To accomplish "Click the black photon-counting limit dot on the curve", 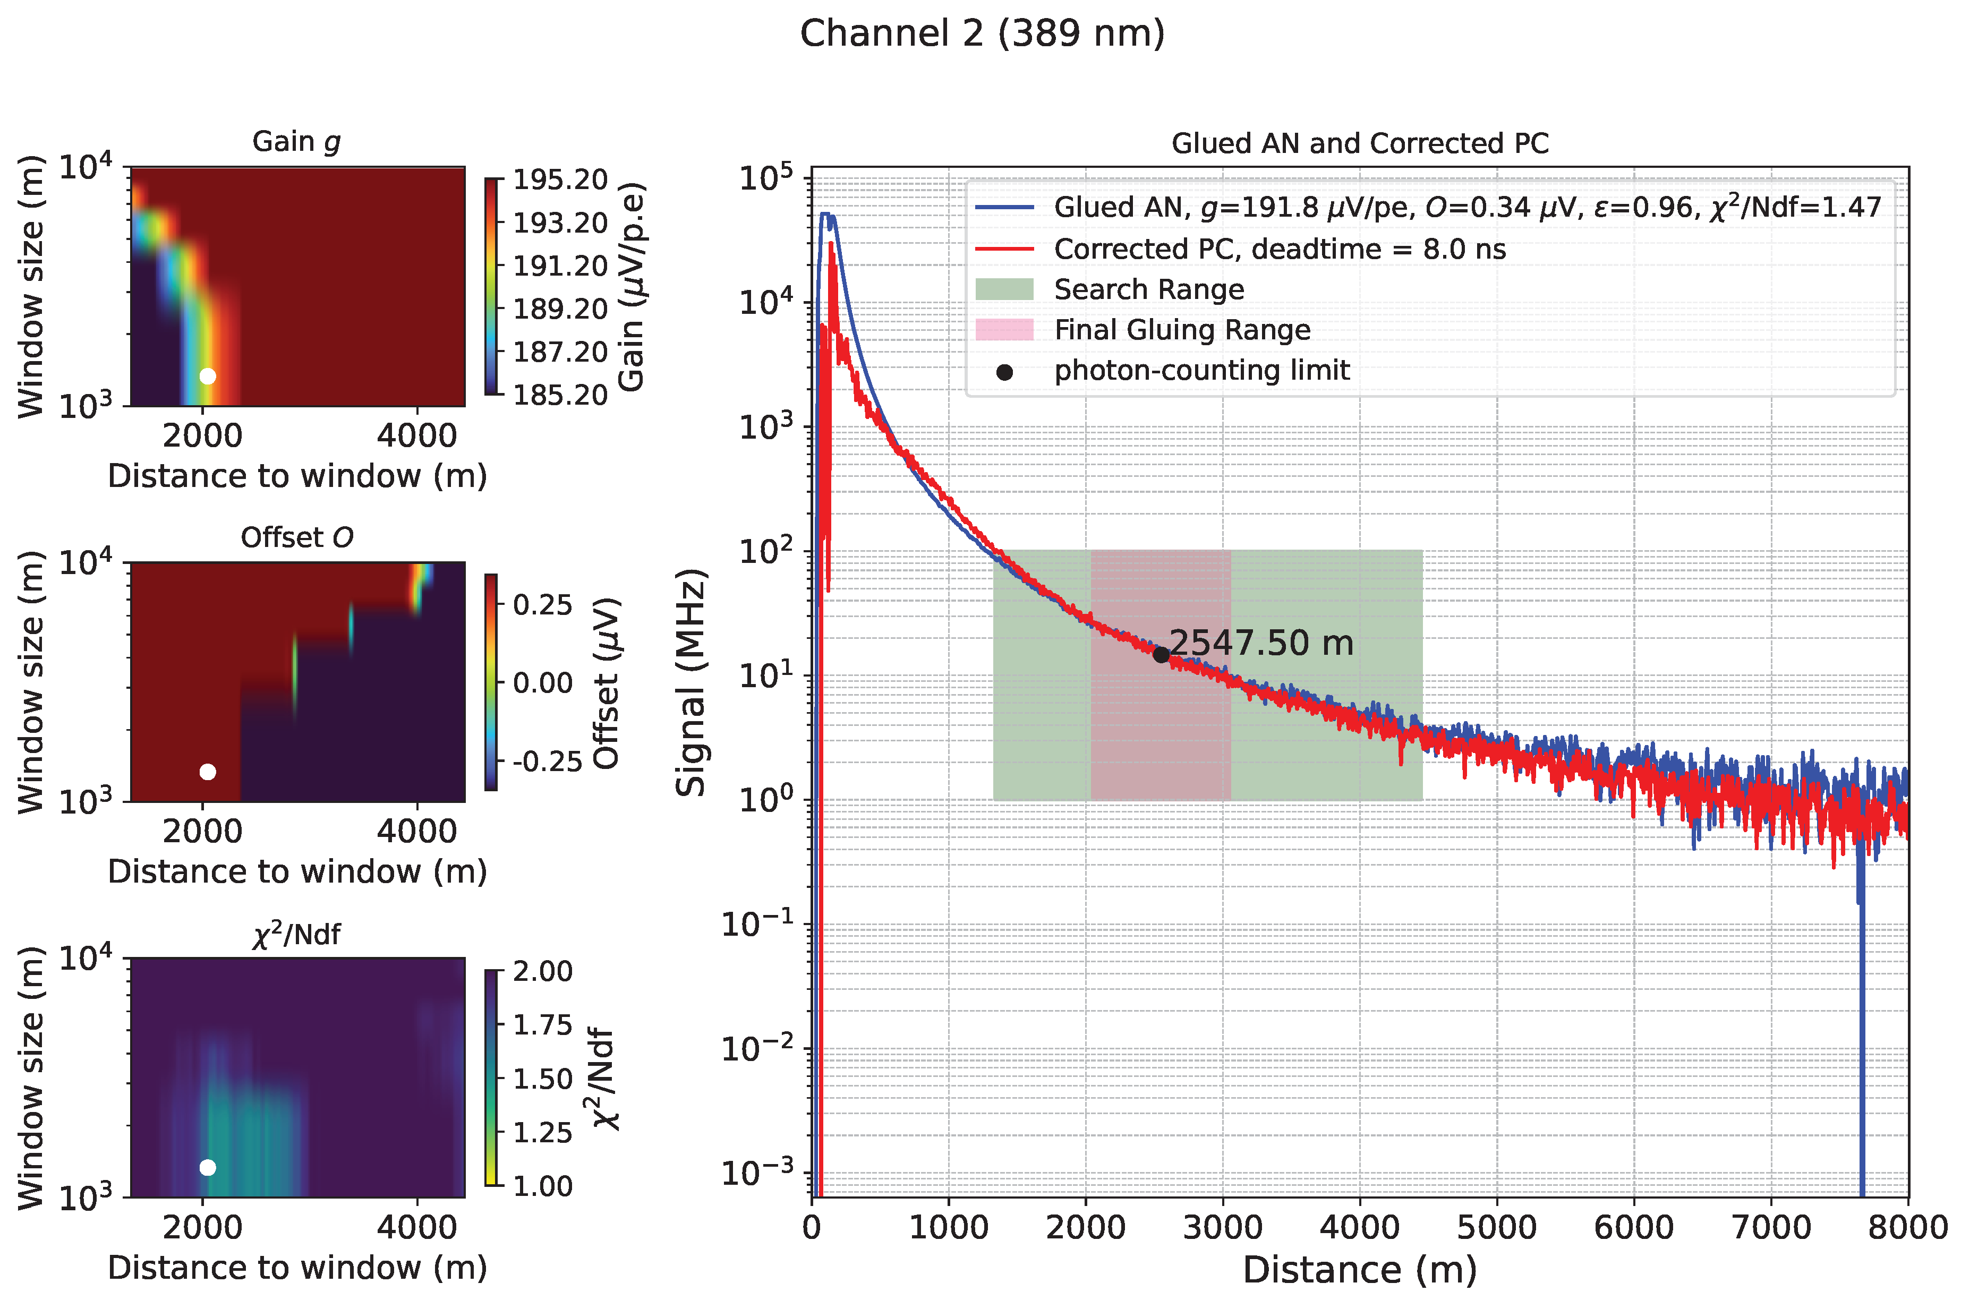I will point(1161,655).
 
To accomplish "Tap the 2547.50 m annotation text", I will point(1260,643).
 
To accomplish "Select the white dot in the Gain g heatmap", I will point(207,377).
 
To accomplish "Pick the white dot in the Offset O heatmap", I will point(207,772).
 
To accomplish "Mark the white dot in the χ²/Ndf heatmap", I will point(207,1167).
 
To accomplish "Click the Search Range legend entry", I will point(1148,289).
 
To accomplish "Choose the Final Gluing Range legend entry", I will point(1182,330).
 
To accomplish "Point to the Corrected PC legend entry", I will point(1280,249).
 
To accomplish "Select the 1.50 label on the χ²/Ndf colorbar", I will point(542,1079).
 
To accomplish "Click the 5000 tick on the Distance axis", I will point(1497,1228).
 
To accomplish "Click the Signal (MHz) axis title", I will point(690,682).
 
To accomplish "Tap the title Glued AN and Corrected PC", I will point(1359,143).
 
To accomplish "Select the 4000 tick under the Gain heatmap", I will point(416,436).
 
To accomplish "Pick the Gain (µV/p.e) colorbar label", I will point(632,287).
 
